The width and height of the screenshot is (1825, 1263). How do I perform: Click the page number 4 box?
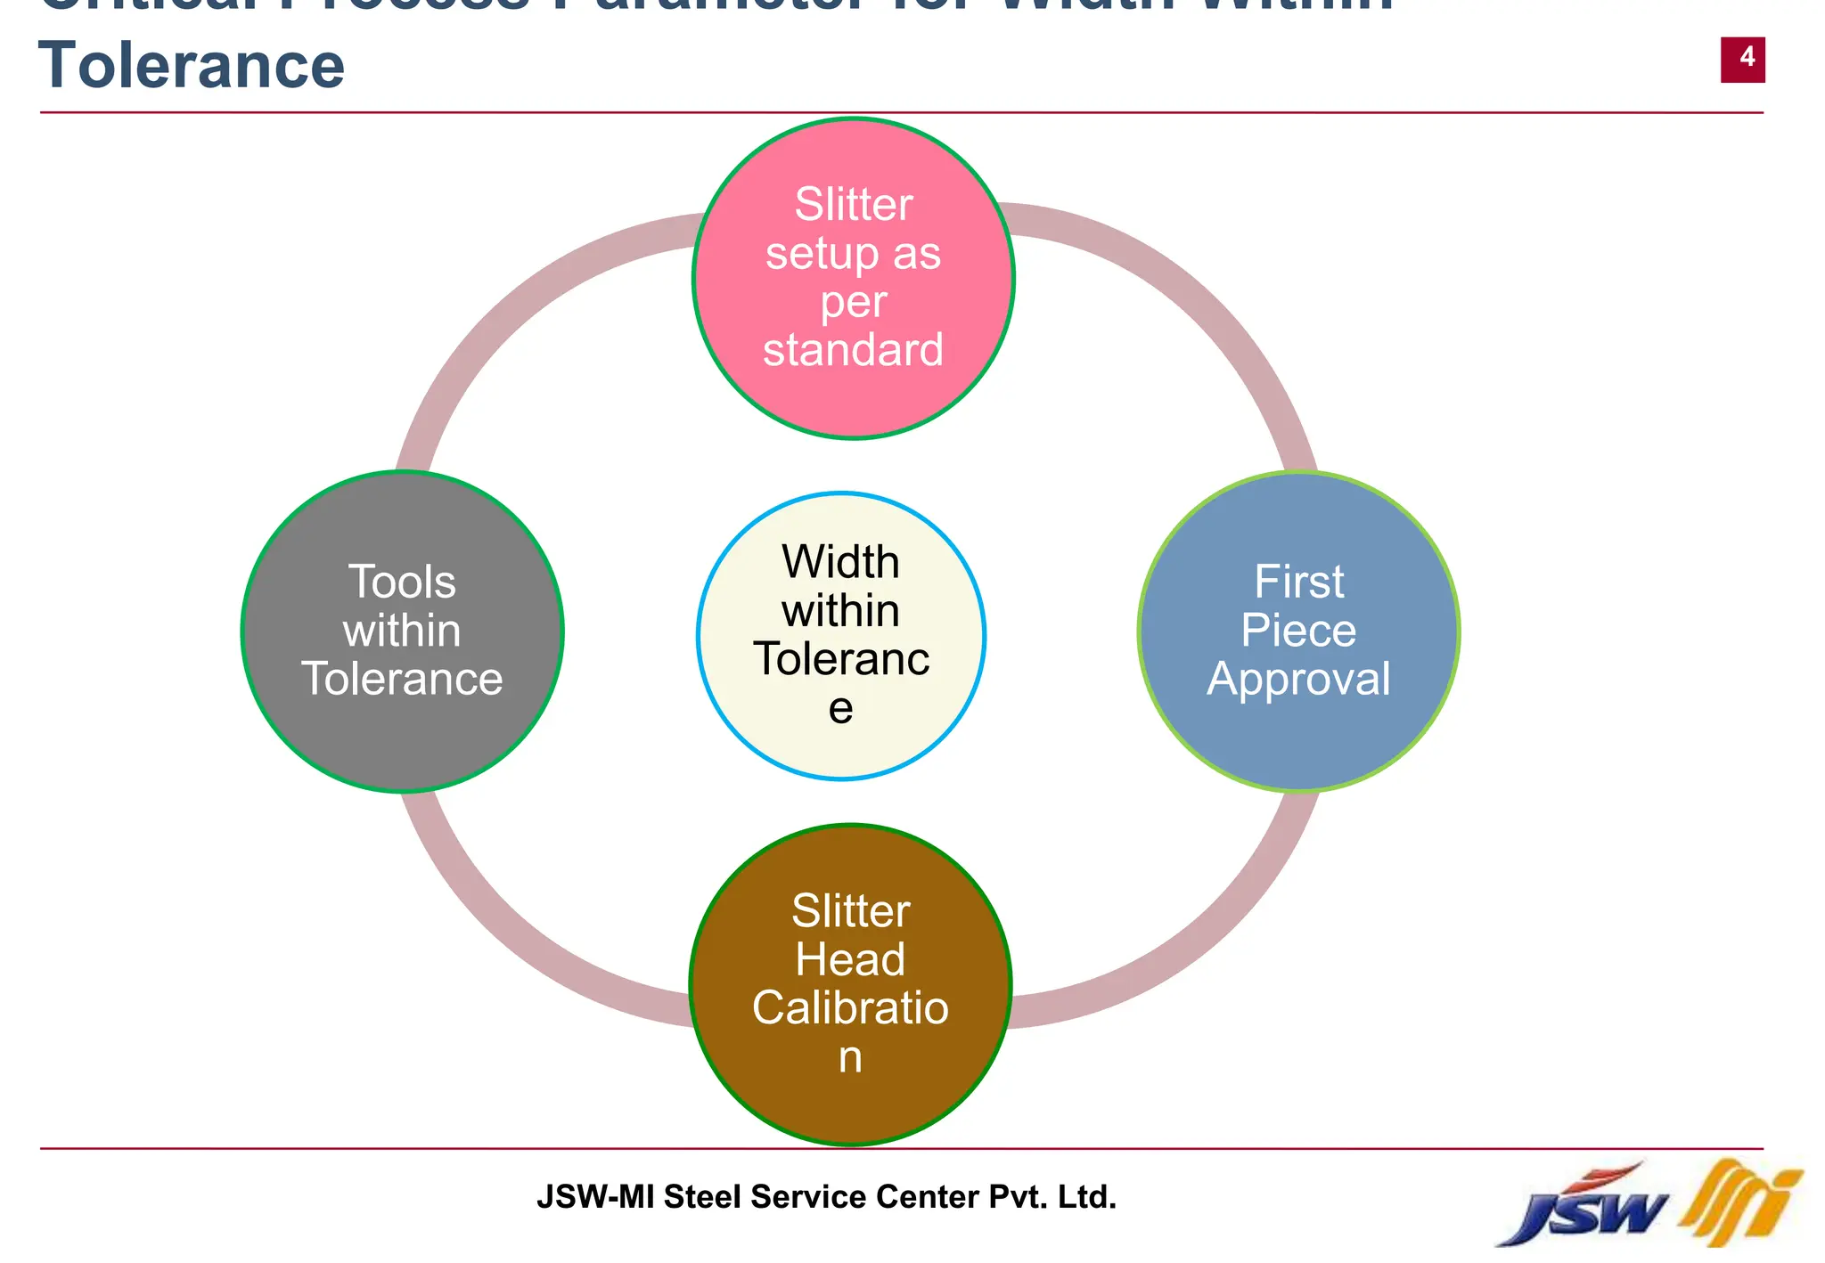tap(1742, 60)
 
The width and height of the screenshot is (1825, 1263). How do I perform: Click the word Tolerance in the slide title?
tap(192, 66)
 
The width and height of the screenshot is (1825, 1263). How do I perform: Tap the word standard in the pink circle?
tap(853, 350)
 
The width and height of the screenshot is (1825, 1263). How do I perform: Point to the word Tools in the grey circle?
tap(402, 583)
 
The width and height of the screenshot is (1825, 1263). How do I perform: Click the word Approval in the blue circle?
tap(1298, 680)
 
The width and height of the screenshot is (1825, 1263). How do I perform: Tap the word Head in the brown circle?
tap(850, 960)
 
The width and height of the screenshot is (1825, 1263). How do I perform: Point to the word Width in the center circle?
tap(840, 562)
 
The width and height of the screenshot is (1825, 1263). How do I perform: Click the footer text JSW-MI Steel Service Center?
tap(826, 1196)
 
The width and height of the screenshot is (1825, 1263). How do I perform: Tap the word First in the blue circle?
tap(1298, 583)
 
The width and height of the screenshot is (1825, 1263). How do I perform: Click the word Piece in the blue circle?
tap(1298, 631)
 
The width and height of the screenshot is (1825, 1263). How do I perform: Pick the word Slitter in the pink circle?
tap(853, 205)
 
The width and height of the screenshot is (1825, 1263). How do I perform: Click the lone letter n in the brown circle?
tap(850, 1057)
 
